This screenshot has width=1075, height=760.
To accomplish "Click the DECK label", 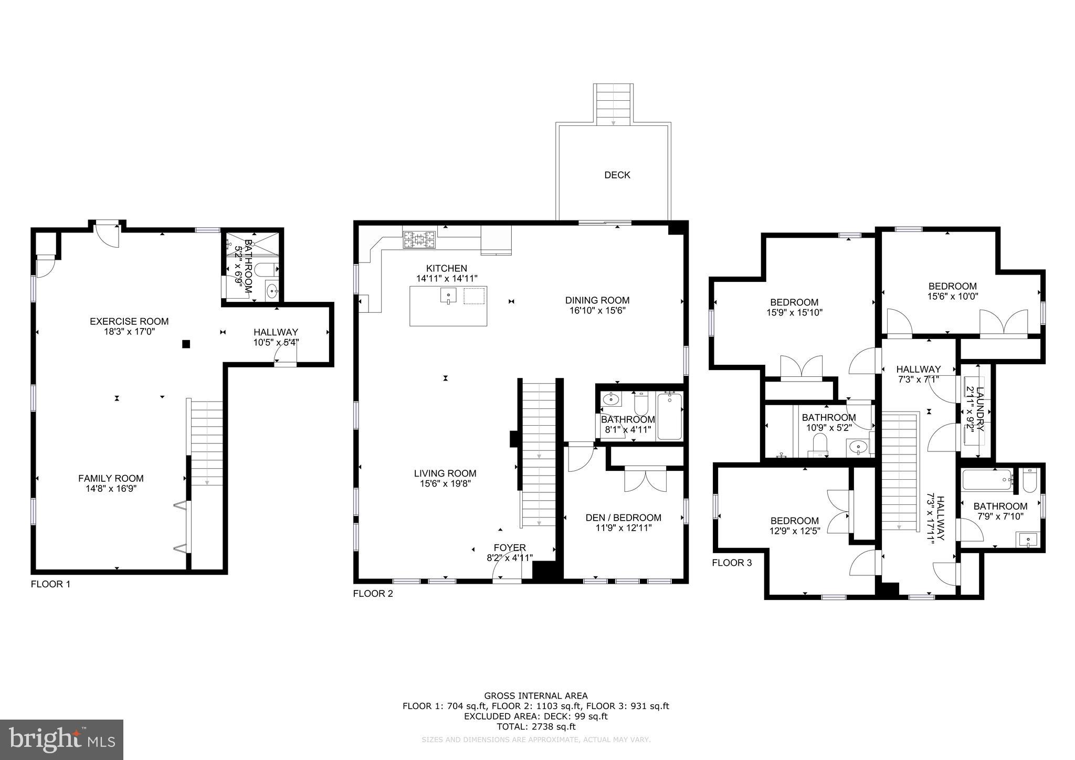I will pyautogui.click(x=617, y=175).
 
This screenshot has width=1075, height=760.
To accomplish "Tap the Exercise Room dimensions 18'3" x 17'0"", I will pyautogui.click(x=129, y=332).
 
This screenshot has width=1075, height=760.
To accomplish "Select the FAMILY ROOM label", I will pyautogui.click(x=111, y=478).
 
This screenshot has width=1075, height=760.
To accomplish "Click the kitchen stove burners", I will pyautogui.click(x=419, y=240).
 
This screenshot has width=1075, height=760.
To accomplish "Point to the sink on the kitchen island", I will pyautogui.click(x=448, y=296).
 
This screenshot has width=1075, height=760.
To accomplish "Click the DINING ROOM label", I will pyautogui.click(x=597, y=300).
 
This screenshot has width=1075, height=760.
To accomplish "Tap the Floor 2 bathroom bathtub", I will pyautogui.click(x=670, y=416).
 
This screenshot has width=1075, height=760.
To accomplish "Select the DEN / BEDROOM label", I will pyautogui.click(x=623, y=518).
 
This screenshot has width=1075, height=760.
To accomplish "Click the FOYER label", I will pyautogui.click(x=509, y=548).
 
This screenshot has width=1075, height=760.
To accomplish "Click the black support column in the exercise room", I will pyautogui.click(x=186, y=344).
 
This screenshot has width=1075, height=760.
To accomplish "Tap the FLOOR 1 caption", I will pyautogui.click(x=50, y=584).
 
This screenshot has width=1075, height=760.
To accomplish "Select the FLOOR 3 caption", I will pyautogui.click(x=732, y=563).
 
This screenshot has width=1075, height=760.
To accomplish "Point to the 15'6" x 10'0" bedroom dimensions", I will pyautogui.click(x=952, y=296).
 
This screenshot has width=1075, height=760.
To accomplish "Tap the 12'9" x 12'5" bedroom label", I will pyautogui.click(x=794, y=521).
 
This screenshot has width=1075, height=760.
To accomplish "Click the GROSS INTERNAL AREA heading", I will pyautogui.click(x=535, y=696).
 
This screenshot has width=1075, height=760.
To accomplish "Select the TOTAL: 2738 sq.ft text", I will pyautogui.click(x=535, y=727).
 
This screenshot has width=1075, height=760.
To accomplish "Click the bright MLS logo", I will pyautogui.click(x=61, y=740).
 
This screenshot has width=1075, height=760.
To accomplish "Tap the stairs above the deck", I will pyautogui.click(x=613, y=104).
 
